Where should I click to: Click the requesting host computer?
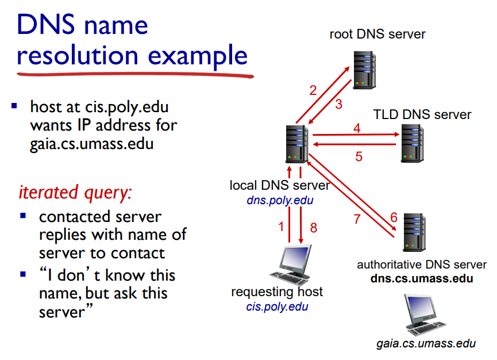[x=291, y=265]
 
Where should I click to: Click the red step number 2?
[x=313, y=90]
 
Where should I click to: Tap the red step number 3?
[x=339, y=104]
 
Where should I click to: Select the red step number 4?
[x=357, y=128]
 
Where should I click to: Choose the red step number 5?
[x=359, y=156]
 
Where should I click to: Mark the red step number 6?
[x=394, y=217]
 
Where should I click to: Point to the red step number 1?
[x=281, y=227]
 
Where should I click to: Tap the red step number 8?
[x=313, y=227]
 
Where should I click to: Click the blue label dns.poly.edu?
[x=280, y=200]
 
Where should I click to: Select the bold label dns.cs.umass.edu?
[x=422, y=279]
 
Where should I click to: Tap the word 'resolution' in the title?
[x=78, y=56]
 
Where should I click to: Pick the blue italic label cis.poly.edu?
[x=277, y=306]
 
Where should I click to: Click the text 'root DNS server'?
[x=377, y=34]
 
